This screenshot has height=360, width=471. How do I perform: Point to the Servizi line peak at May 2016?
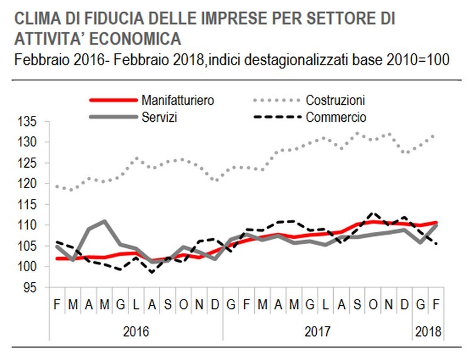(104, 221)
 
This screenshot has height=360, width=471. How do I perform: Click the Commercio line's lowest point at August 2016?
(152, 272)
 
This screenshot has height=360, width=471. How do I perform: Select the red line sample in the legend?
(110, 100)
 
